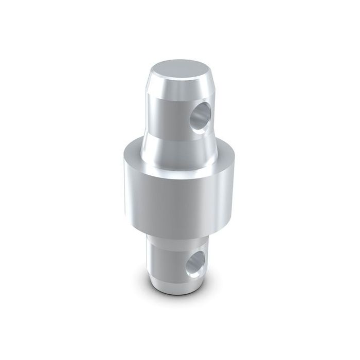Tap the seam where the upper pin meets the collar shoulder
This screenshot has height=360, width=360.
coord(154,149)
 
